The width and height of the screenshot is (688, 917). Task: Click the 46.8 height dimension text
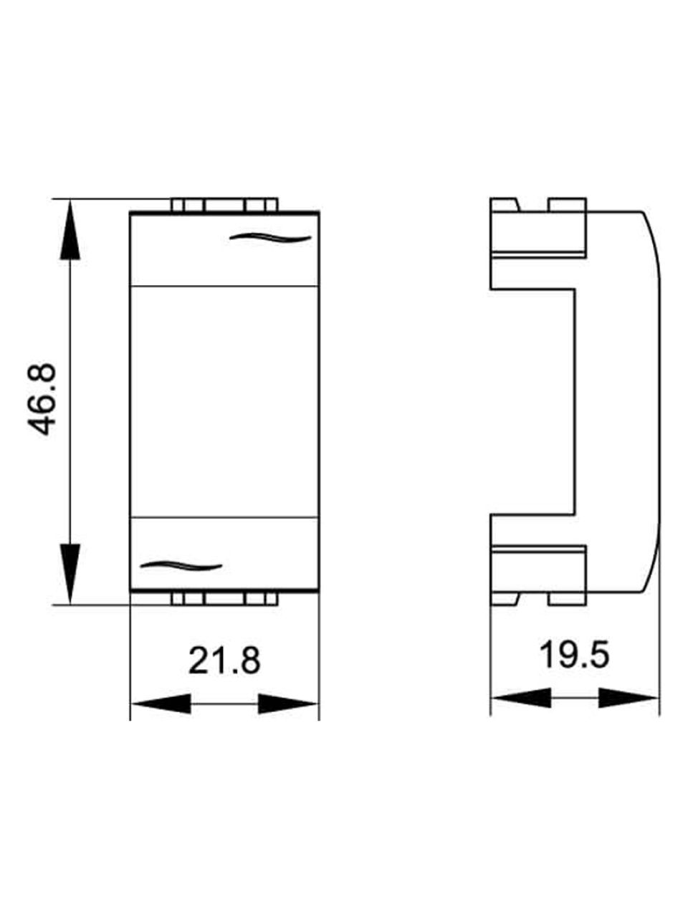(42, 399)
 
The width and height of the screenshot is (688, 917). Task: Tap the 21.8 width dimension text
(224, 661)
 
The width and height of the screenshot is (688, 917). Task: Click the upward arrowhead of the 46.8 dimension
(70, 229)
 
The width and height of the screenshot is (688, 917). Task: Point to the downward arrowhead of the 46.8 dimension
(70, 574)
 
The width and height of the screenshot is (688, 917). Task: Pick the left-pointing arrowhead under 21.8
(161, 704)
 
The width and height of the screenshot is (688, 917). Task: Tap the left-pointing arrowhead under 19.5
(521, 698)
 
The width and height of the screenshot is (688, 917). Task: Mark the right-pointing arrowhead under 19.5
(629, 698)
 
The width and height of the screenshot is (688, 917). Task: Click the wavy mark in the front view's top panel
(271, 238)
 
